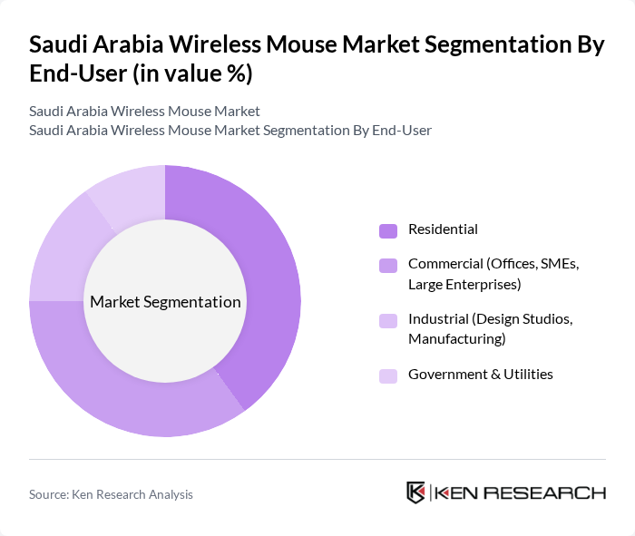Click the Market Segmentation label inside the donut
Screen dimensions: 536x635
coord(165,302)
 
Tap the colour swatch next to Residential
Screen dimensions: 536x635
coord(387,230)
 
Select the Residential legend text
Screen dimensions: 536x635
coord(443,229)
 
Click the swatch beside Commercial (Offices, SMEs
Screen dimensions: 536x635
coord(387,266)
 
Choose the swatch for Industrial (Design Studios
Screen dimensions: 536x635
coord(387,320)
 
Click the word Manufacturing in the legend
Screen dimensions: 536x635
coord(456,339)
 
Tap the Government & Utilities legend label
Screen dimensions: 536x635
coord(480,375)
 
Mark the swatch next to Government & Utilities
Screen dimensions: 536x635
coord(387,375)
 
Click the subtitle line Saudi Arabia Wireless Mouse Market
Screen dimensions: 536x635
coord(144,111)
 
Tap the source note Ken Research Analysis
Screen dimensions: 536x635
coord(111,494)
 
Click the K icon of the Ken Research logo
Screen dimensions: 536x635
coord(416,492)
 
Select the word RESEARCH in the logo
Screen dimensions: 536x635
coord(554,493)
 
